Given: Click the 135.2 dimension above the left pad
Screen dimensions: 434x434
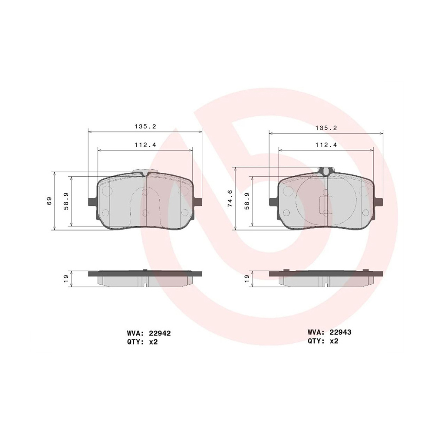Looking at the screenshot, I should (145, 127).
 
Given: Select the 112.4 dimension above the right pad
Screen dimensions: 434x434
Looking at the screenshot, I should (326, 145).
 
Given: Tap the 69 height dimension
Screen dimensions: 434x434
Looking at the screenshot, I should (49, 201).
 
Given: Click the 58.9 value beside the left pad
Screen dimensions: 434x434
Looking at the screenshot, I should (66, 201).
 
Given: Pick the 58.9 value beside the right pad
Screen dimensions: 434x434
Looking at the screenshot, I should (247, 201).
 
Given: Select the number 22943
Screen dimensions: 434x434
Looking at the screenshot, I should (340, 332).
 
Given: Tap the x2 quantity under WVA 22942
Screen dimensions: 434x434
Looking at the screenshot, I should (152, 342).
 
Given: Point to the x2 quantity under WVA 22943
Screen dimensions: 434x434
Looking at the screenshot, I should (333, 341).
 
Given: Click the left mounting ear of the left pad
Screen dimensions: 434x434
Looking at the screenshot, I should (92, 202).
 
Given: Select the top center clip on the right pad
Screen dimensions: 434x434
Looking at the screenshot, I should (326, 170).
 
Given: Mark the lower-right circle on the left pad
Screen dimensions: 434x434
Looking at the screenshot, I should (185, 212).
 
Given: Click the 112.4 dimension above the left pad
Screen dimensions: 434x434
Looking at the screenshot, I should (145, 145).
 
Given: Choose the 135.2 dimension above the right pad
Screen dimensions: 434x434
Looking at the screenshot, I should (326, 128).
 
